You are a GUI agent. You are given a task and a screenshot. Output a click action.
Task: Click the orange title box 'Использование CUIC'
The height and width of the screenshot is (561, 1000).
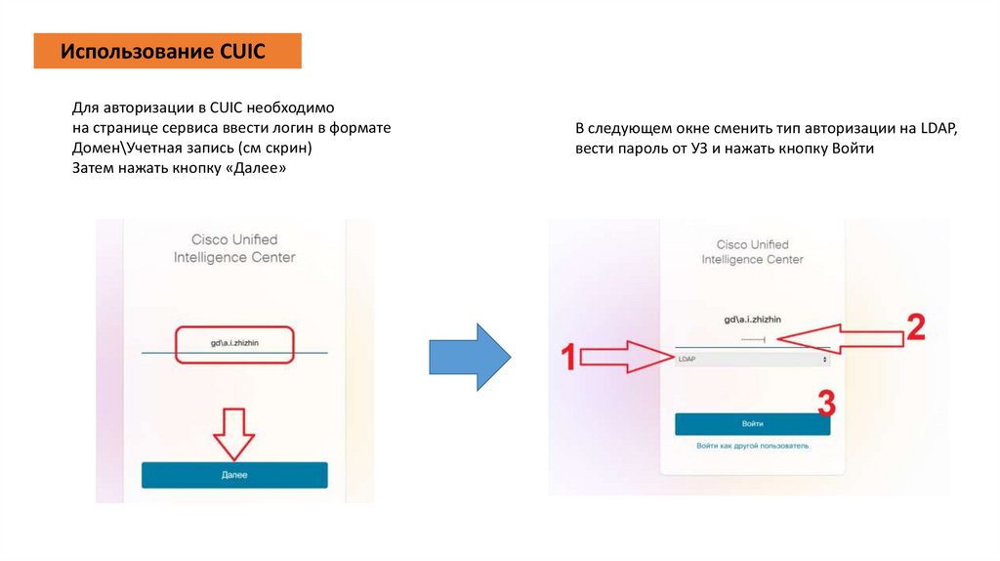coord(167,51)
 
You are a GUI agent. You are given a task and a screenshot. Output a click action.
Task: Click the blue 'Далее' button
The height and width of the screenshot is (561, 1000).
coord(234,475)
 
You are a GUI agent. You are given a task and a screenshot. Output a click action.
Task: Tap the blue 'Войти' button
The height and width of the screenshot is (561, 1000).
coord(752,424)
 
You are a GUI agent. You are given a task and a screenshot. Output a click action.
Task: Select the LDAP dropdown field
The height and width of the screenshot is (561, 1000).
coord(752,360)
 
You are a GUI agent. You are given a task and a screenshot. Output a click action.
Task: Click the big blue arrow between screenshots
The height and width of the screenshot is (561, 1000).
coord(470,355)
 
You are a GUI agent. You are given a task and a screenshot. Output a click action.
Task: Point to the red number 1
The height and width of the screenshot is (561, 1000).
coord(567,359)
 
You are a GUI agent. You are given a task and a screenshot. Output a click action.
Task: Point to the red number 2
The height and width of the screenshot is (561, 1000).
coord(915,327)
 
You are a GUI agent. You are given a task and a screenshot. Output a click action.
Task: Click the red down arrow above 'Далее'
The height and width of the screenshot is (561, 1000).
coord(234,433)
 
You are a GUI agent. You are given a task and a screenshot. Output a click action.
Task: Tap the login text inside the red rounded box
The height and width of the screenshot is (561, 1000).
coord(234,344)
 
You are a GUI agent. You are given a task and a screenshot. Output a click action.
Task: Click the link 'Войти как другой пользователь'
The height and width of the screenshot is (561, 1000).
coord(752,446)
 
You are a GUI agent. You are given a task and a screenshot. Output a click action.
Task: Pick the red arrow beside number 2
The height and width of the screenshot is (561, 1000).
coord(842,338)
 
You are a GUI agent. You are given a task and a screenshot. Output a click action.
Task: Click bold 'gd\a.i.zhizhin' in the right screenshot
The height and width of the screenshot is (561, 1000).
coord(752,320)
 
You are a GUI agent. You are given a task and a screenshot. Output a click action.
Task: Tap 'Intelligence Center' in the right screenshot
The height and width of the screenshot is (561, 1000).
coord(752,260)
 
